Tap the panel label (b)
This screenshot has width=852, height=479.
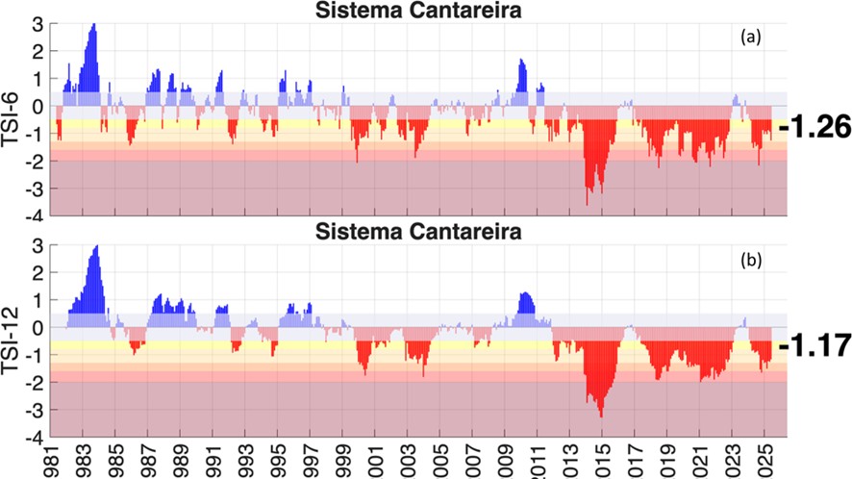(x=751, y=261)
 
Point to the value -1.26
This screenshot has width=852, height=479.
(x=815, y=126)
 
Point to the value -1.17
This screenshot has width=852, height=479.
(x=815, y=343)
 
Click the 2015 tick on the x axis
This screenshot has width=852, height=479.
(x=601, y=460)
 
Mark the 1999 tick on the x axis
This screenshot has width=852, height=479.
(x=341, y=460)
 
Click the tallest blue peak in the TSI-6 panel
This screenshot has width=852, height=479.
(x=93, y=26)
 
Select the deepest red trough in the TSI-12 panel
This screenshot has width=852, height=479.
(x=601, y=414)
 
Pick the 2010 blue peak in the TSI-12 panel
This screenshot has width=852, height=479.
(x=524, y=294)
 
